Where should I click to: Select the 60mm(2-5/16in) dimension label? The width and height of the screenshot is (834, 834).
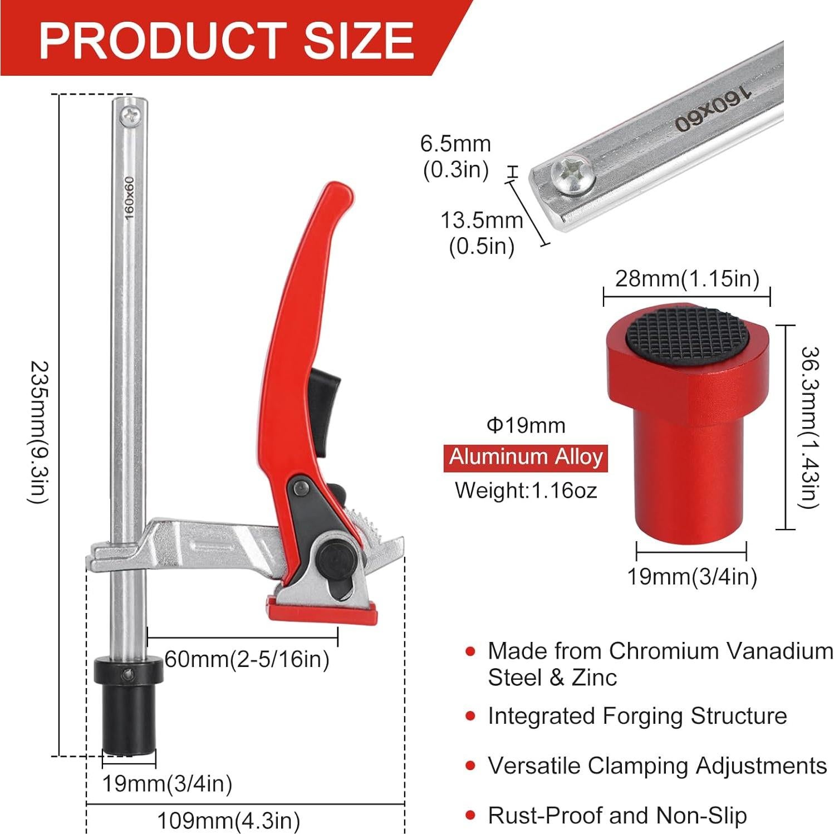[247, 659]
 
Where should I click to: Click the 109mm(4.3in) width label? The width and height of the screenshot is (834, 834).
[228, 821]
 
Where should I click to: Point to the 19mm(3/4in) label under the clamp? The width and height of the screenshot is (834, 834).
[167, 784]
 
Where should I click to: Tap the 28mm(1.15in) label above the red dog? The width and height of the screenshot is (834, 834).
[687, 278]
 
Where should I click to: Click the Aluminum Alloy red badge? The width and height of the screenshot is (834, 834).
[526, 458]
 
